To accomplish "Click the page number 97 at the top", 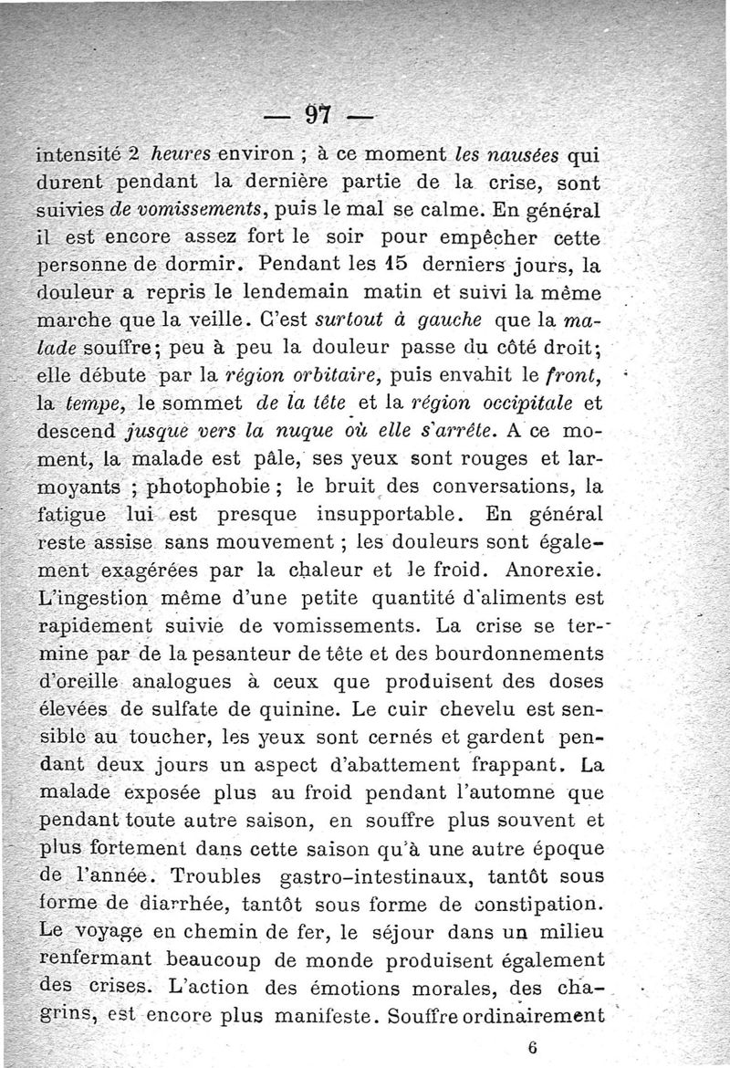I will click(x=317, y=115).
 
